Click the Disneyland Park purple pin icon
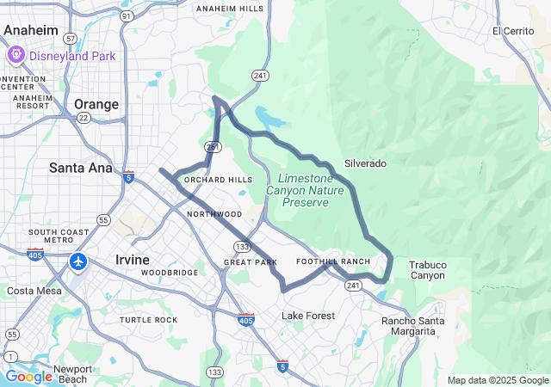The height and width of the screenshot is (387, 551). pyautogui.click(x=16, y=56)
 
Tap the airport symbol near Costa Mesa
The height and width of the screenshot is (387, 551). pyautogui.click(x=79, y=261)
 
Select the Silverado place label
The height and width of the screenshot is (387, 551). pyautogui.click(x=365, y=163)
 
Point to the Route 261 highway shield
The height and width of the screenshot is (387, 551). pyautogui.click(x=212, y=147)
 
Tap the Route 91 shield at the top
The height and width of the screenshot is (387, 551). pyautogui.click(x=127, y=15)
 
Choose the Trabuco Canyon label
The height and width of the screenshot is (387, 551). pyautogui.click(x=427, y=270)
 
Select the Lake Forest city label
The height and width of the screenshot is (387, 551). pyautogui.click(x=308, y=316)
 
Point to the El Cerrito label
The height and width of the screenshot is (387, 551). pyautogui.click(x=513, y=31)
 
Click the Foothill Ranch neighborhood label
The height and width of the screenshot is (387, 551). pyautogui.click(x=332, y=261)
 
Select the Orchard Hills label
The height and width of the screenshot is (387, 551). pyautogui.click(x=218, y=180)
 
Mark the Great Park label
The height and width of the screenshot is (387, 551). pyautogui.click(x=251, y=261)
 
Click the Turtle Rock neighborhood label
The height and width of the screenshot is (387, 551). pyautogui.click(x=148, y=320)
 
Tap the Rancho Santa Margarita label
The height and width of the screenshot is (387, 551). pyautogui.click(x=413, y=327)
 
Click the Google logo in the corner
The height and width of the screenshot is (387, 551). pyautogui.click(x=29, y=377)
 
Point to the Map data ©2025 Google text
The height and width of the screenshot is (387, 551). pyautogui.click(x=497, y=380)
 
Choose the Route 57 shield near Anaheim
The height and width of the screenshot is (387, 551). pyautogui.click(x=70, y=39)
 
